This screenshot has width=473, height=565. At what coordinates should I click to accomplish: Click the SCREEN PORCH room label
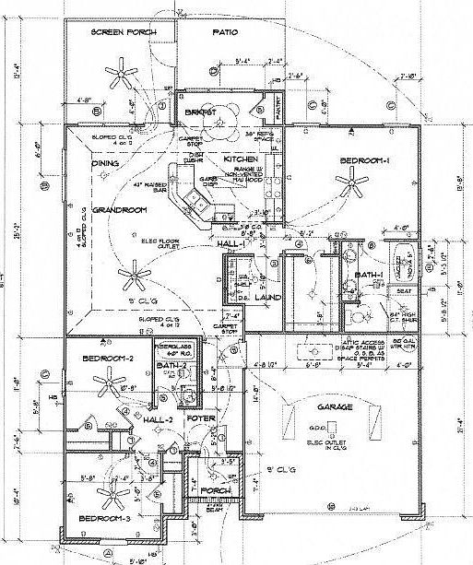pyautogui.click(x=123, y=32)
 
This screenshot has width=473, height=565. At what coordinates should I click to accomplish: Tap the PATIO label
pyautogui.click(x=225, y=32)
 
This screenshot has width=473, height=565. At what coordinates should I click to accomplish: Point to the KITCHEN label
pyautogui.click(x=241, y=159)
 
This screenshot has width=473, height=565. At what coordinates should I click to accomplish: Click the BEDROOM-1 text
pyautogui.click(x=365, y=161)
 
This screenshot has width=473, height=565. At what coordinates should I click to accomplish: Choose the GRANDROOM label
pyautogui.click(x=120, y=209)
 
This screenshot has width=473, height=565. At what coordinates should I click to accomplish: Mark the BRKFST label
pyautogui.click(x=199, y=112)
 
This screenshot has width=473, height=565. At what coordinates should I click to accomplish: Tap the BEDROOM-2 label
pyautogui.click(x=109, y=358)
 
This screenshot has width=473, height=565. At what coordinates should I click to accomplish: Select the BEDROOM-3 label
pyautogui.click(x=103, y=520)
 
